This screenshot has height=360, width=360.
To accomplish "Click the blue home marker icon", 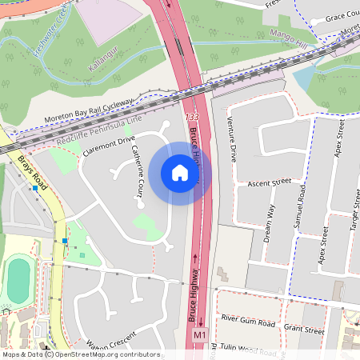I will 179,173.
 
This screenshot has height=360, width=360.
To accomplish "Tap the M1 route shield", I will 199,334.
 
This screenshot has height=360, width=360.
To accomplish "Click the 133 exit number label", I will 191,118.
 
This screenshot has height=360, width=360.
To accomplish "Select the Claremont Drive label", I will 109,144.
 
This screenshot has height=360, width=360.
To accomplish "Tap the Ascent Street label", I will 270,183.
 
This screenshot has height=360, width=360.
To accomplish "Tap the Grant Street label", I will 303,329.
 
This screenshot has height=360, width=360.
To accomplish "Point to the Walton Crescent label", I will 108,346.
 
